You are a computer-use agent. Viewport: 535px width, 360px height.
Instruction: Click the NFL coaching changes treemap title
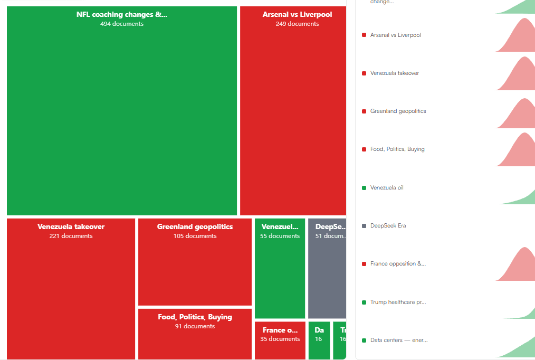122,15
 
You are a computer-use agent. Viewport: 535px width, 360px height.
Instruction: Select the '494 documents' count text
122,24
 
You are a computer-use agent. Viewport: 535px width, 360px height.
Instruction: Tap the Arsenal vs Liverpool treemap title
297,15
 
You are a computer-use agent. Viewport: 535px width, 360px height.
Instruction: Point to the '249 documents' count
297,24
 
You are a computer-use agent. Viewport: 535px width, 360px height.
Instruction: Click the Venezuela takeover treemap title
71,227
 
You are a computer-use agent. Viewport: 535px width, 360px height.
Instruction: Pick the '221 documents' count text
71,236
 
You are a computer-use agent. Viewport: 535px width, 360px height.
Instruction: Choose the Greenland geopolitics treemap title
195,227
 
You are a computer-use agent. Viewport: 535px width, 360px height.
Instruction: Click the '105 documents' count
195,236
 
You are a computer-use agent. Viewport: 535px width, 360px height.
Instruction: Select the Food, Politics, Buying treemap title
195,317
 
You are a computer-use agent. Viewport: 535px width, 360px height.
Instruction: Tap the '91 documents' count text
195,326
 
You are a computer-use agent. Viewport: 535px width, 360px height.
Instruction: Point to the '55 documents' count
280,236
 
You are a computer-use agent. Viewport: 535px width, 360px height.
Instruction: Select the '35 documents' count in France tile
280,339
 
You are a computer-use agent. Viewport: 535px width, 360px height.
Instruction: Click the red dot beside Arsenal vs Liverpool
364,35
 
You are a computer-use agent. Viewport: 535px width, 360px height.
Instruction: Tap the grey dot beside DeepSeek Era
364,226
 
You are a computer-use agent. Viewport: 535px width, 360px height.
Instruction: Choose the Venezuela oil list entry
387,188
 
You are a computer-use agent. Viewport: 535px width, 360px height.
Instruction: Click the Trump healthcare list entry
398,302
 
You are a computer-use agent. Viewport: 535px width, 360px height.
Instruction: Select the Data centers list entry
399,340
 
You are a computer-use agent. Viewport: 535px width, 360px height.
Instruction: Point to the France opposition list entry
398,264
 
